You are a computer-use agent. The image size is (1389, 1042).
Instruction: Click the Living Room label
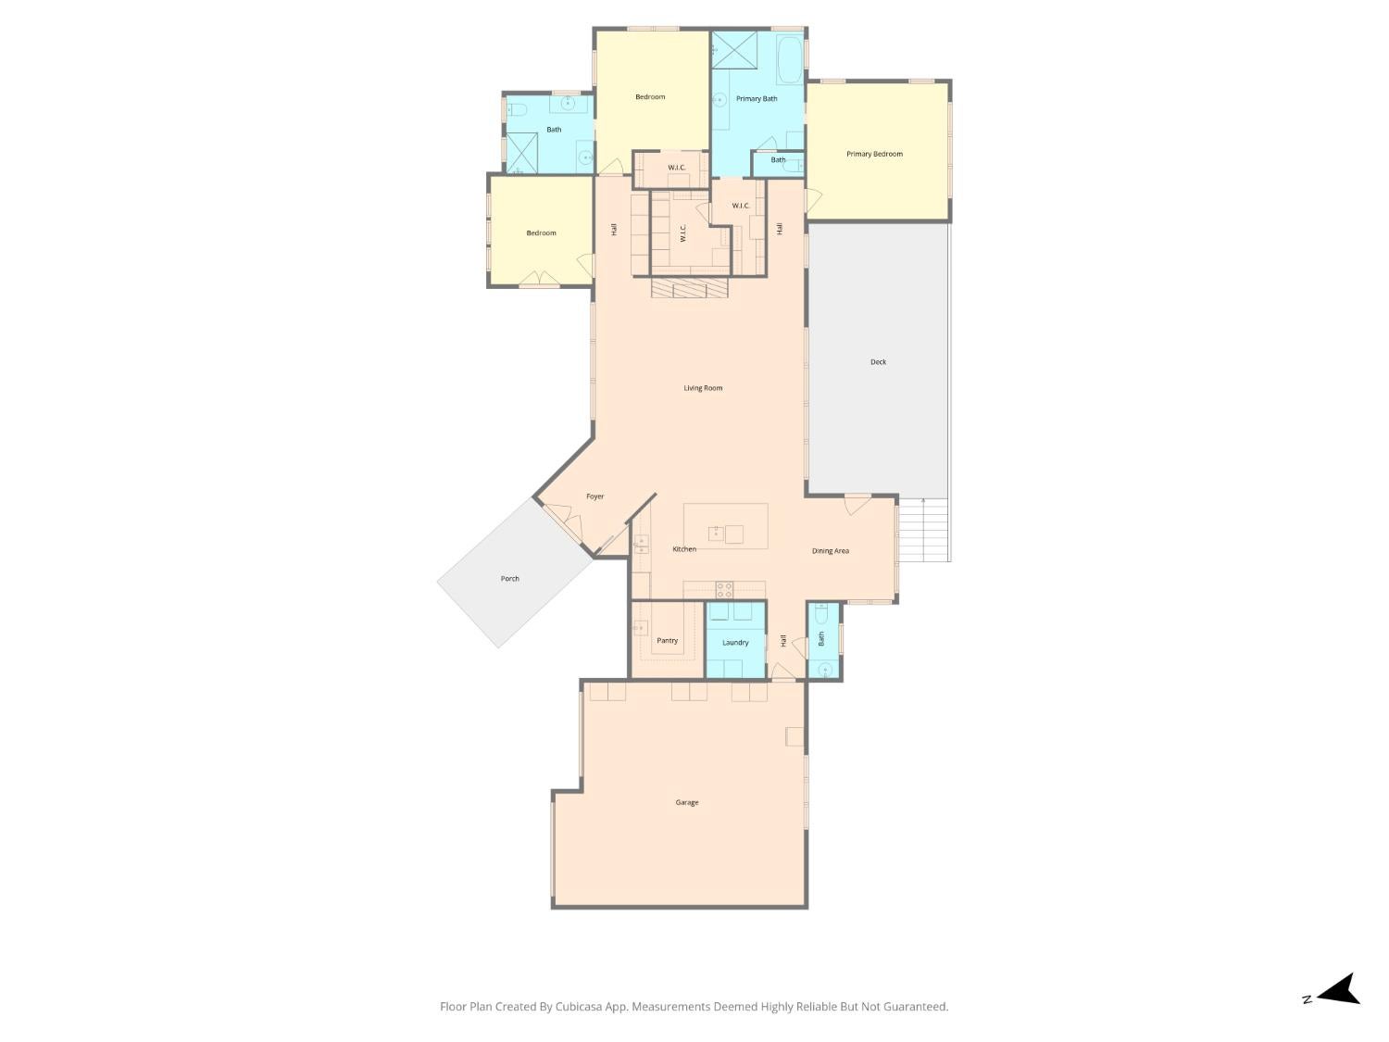[x=703, y=388]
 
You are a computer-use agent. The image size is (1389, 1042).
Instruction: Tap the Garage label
[x=686, y=802]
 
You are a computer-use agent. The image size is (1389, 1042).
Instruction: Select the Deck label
[x=878, y=362]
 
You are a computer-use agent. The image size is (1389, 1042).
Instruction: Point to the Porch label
[x=509, y=578]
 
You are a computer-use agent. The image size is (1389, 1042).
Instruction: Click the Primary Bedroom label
[x=874, y=154]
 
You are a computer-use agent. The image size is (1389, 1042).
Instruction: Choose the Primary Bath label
[x=757, y=99]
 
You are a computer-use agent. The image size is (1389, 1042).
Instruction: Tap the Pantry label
[x=667, y=640]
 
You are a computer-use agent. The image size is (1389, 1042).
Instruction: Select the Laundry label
[x=735, y=642]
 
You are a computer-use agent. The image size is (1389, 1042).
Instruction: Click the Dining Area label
[x=831, y=551]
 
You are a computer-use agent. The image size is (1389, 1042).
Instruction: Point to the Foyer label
[x=594, y=496]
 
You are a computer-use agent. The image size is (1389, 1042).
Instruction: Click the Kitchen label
[x=684, y=549]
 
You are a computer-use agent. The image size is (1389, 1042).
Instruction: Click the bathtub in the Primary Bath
[x=789, y=61]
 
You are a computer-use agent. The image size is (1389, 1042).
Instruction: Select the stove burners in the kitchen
[x=724, y=590]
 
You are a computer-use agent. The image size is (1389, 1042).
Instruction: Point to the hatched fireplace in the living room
[x=690, y=288]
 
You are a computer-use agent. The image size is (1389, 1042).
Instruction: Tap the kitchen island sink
[x=716, y=534]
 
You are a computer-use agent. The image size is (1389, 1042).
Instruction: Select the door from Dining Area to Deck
[x=857, y=504]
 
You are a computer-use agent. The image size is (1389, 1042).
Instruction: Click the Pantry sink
[x=641, y=628]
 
